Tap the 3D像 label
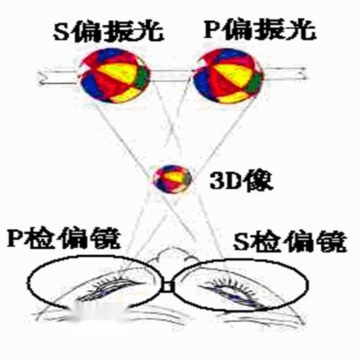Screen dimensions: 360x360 [x=241, y=181]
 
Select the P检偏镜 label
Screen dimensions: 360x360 [x=63, y=238]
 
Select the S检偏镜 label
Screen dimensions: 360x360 [x=290, y=241]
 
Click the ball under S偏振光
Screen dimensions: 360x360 [x=113, y=76]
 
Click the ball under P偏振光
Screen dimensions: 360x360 [x=228, y=76]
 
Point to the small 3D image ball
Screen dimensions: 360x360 [x=172, y=179]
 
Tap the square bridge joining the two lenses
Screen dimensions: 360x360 [x=167, y=287]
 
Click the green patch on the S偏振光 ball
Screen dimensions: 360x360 [x=142, y=77]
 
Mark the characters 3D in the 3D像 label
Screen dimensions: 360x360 [x=225, y=181]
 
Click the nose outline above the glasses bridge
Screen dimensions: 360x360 [x=172, y=255]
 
